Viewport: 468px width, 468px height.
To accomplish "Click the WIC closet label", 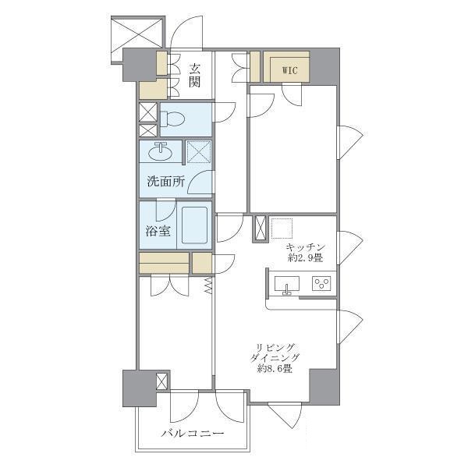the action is pyautogui.click(x=289, y=70).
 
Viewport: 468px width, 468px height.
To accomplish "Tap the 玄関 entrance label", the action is pyautogui.click(x=194, y=75).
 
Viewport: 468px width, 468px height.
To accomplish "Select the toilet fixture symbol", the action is pyautogui.click(x=172, y=119).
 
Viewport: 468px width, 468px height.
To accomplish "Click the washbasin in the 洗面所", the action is pyautogui.click(x=160, y=151).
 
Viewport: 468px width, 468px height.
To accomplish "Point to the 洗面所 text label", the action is pyautogui.click(x=166, y=182).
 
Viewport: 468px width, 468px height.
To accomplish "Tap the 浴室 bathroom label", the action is pyautogui.click(x=158, y=231).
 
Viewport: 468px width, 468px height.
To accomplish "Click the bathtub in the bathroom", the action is pyautogui.click(x=194, y=225).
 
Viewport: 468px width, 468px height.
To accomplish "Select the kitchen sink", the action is pyautogui.click(x=286, y=285).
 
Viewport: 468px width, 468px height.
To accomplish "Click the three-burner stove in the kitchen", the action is pyautogui.click(x=321, y=283).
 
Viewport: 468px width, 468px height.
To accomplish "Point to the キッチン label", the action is pyautogui.click(x=305, y=247).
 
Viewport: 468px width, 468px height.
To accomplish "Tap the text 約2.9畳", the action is pyautogui.click(x=305, y=257).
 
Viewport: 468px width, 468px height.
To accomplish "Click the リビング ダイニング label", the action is pyautogui.click(x=275, y=353).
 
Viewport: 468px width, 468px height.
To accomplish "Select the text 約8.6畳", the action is pyautogui.click(x=275, y=369).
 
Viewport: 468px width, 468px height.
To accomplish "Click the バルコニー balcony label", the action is pyautogui.click(x=193, y=433).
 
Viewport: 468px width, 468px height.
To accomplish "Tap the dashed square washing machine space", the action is pyautogui.click(x=199, y=152).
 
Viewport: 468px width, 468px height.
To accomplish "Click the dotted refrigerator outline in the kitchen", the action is pyautogui.click(x=282, y=229).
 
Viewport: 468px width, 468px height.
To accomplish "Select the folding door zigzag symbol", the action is pyautogui.click(x=208, y=285).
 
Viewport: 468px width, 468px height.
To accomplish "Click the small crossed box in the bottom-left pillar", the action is pyautogui.click(x=162, y=381).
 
